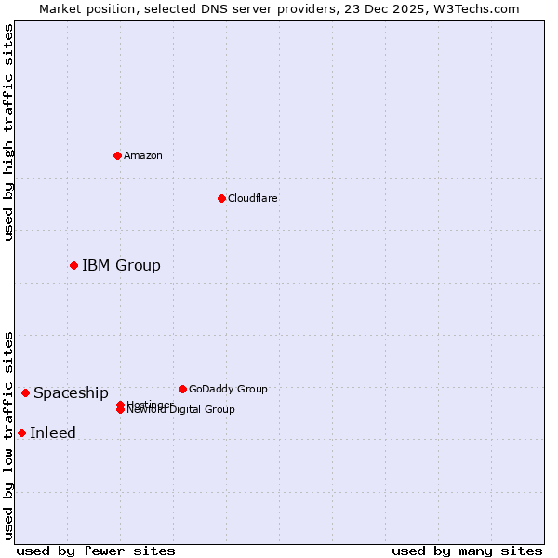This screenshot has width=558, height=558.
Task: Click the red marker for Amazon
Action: coord(117,155)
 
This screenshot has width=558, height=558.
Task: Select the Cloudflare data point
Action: coord(221,198)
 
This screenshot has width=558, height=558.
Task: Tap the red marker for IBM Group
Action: coord(73,265)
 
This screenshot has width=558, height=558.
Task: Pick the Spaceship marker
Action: coord(25,392)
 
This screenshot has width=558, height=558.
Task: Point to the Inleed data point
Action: coord(21,432)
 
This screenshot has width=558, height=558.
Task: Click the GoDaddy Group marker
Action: coord(182,389)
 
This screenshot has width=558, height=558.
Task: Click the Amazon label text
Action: coord(143,155)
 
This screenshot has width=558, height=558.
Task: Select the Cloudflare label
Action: coord(253,198)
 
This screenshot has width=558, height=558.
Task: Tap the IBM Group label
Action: coord(121,265)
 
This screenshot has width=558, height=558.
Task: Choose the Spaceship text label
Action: coord(71,392)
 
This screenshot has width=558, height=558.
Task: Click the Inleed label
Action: coord(53,432)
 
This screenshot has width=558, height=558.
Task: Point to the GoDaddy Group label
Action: coord(228,389)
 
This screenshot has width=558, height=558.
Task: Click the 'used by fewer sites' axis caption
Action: coord(96,551)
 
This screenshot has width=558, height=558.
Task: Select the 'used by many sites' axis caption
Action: coord(467,551)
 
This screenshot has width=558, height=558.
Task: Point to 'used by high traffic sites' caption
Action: coord(8,132)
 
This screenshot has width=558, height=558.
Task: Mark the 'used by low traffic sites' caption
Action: coord(8,435)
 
